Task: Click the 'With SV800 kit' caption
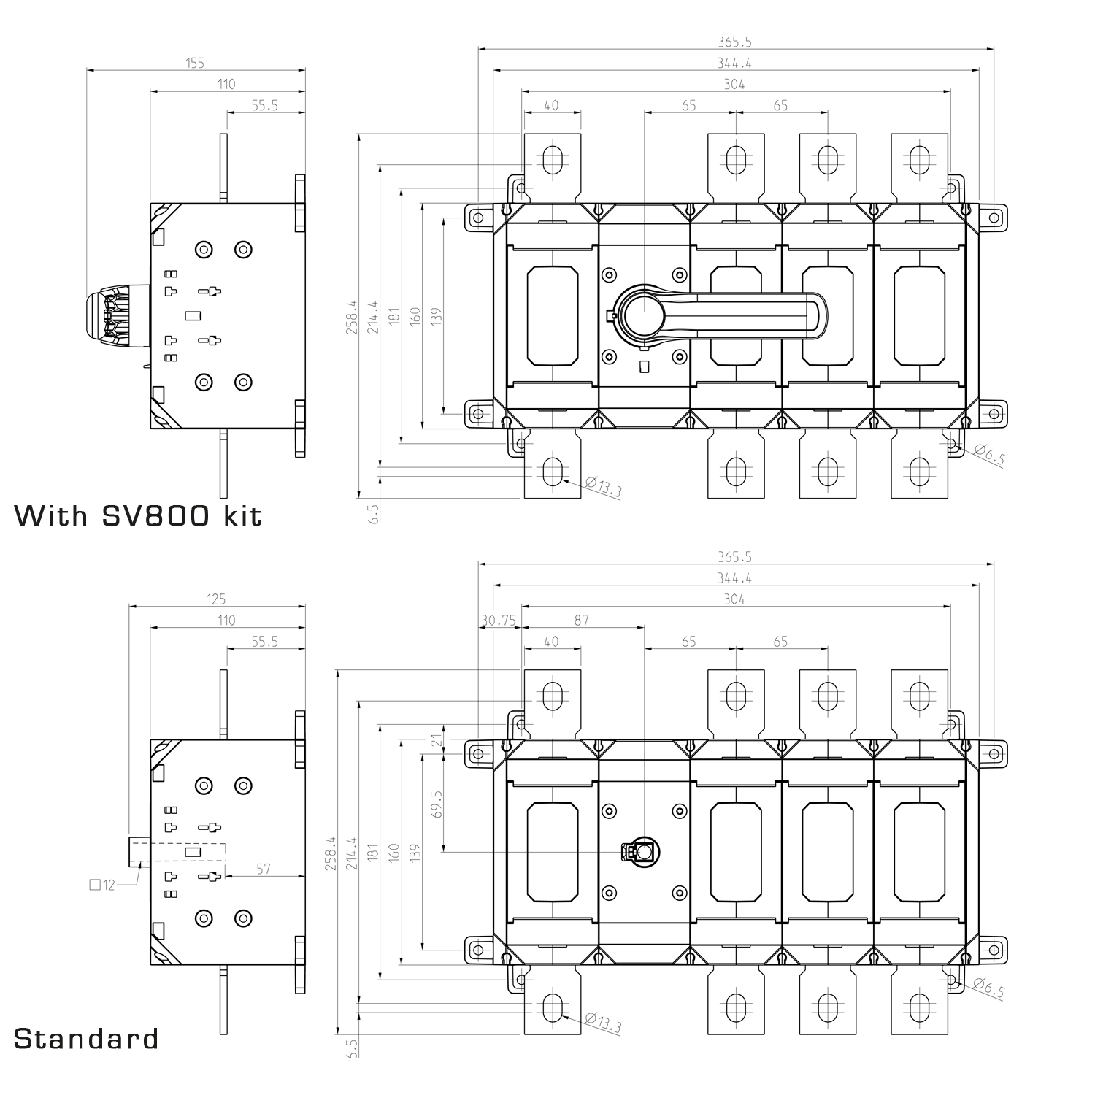pyautogui.click(x=138, y=515)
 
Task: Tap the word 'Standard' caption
pyautogui.click(x=86, y=1038)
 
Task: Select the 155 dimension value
pyautogui.click(x=195, y=63)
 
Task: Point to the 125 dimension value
pyautogui.click(x=216, y=599)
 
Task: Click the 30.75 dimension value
pyautogui.click(x=499, y=620)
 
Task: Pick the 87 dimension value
pyautogui.click(x=582, y=620)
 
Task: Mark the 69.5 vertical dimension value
pyautogui.click(x=437, y=805)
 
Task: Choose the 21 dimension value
pyautogui.click(x=437, y=741)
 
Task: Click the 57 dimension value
pyautogui.click(x=264, y=868)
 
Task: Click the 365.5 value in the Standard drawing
pyautogui.click(x=735, y=556)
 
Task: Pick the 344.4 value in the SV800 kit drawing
pyautogui.click(x=735, y=63)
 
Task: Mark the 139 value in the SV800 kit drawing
pyautogui.click(x=437, y=315)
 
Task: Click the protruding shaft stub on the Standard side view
pyautogui.click(x=139, y=851)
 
